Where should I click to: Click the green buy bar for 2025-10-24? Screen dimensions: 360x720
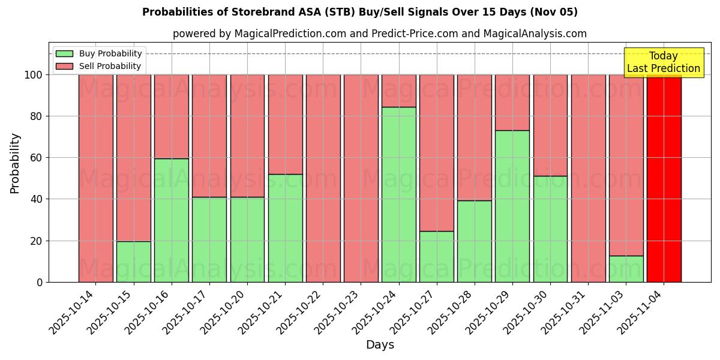(x=398, y=194)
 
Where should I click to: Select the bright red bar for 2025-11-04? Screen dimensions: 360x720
(x=664, y=178)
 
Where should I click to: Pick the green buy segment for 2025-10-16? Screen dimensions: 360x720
(x=172, y=220)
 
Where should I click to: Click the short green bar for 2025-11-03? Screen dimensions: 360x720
(x=626, y=269)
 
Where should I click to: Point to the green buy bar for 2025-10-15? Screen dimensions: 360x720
(x=134, y=262)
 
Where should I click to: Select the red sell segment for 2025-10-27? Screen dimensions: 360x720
(x=437, y=152)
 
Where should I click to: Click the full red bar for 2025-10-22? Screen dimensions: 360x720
(x=323, y=178)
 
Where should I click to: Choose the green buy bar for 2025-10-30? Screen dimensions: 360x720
(x=550, y=229)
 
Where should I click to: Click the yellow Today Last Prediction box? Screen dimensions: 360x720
(x=664, y=62)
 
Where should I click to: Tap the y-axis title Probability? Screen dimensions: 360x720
(x=15, y=163)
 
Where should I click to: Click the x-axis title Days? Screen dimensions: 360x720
(x=380, y=345)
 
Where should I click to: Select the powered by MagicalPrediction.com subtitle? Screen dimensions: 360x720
(x=379, y=34)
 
